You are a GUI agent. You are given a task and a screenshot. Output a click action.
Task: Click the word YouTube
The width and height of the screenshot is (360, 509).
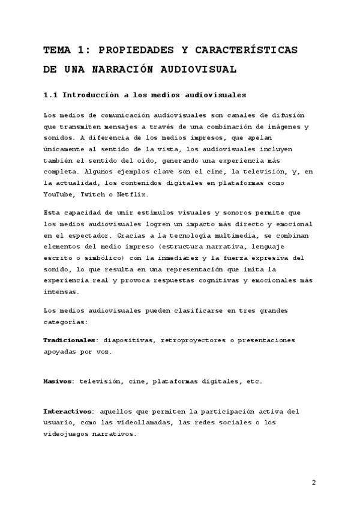click(59, 195)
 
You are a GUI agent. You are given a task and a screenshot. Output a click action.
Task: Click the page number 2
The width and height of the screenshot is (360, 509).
click(313, 483)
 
